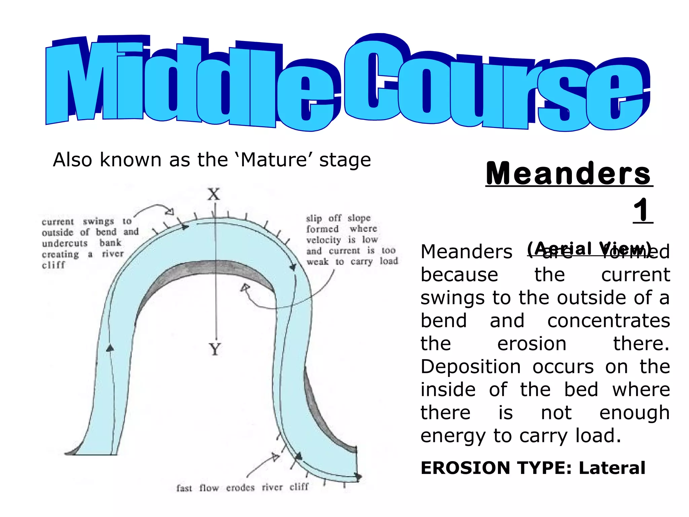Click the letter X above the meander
(214, 195)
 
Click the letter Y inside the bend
(215, 349)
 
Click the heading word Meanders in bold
(569, 173)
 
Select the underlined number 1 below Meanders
(642, 210)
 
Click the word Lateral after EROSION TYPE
(612, 468)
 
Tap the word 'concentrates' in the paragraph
(609, 320)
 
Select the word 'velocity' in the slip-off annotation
(324, 240)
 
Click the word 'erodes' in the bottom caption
(240, 488)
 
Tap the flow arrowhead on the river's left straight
(110, 348)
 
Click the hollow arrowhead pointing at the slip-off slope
(245, 288)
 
